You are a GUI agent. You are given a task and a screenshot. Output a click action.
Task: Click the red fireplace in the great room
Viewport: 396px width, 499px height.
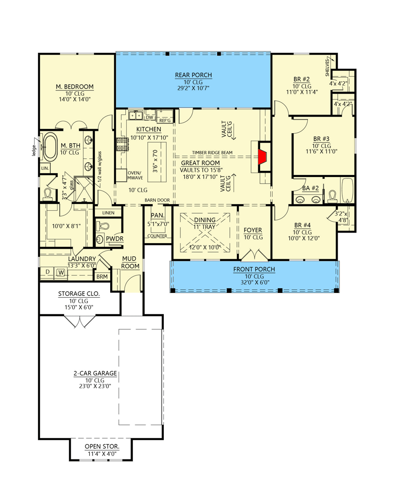(x=262, y=157)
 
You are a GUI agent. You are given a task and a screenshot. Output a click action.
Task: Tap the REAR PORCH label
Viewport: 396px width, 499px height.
(x=193, y=75)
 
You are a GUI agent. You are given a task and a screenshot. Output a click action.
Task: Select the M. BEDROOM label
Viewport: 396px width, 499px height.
(x=75, y=87)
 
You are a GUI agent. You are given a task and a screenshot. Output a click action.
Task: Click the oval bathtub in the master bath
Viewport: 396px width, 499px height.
(x=50, y=147)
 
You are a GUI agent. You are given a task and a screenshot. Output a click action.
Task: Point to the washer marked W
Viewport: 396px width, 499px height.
(x=61, y=273)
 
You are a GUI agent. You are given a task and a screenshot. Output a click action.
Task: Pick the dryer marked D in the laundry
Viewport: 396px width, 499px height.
(x=47, y=272)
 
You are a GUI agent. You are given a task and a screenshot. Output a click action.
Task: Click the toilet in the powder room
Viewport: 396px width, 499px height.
(x=102, y=225)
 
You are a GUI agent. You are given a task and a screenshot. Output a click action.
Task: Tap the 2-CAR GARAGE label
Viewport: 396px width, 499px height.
(x=95, y=373)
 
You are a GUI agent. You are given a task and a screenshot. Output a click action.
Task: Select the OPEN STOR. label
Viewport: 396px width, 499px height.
(x=102, y=447)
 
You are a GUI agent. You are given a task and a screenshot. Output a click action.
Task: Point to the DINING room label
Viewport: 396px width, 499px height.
(x=205, y=220)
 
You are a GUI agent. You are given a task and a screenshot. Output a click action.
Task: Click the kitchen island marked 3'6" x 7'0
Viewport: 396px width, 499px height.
(x=157, y=162)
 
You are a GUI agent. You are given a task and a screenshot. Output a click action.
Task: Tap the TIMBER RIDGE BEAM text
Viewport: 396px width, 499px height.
(x=212, y=153)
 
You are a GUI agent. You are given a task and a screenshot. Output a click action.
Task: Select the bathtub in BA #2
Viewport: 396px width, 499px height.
(x=348, y=190)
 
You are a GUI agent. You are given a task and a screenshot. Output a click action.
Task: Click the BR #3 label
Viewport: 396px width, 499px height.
(x=321, y=139)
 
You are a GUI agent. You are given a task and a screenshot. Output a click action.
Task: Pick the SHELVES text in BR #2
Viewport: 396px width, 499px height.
(x=328, y=67)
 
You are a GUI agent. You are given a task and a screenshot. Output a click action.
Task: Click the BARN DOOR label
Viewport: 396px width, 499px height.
(x=157, y=200)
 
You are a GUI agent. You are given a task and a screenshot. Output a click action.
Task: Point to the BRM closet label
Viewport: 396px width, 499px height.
(x=102, y=276)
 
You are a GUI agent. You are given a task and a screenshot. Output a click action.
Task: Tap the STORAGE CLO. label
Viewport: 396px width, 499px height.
(x=79, y=294)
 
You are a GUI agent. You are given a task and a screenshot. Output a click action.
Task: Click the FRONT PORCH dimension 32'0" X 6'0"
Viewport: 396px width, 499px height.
(x=255, y=282)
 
